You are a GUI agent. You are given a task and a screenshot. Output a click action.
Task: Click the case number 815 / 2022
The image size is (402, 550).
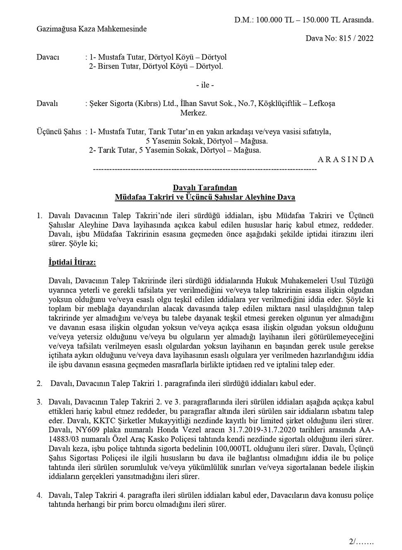click(356, 39)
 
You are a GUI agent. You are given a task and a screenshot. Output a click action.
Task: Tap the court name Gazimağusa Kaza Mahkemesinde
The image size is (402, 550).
click(91, 29)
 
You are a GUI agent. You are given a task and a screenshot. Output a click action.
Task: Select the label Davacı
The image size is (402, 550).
click(48, 57)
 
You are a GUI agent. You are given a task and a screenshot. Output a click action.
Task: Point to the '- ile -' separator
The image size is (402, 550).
click(205, 85)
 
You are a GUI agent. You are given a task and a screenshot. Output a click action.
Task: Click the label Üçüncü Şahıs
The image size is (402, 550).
click(59, 132)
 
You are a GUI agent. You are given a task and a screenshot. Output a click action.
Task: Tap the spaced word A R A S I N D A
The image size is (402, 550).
click(346, 159)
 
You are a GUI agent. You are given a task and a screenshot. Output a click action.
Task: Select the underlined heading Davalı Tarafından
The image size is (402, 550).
click(205, 188)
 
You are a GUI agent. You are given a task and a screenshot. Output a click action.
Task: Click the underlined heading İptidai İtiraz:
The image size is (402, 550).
click(72, 263)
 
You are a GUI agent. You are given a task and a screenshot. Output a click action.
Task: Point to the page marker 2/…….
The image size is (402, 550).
click(361, 541)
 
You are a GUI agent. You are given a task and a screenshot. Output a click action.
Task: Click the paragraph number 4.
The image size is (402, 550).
click(39, 495)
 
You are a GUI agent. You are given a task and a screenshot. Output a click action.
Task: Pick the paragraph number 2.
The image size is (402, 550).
click(39, 384)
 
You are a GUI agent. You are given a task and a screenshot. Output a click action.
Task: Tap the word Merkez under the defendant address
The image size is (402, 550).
click(193, 113)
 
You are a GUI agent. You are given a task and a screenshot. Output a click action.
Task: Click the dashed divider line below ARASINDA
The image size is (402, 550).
click(205, 169)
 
